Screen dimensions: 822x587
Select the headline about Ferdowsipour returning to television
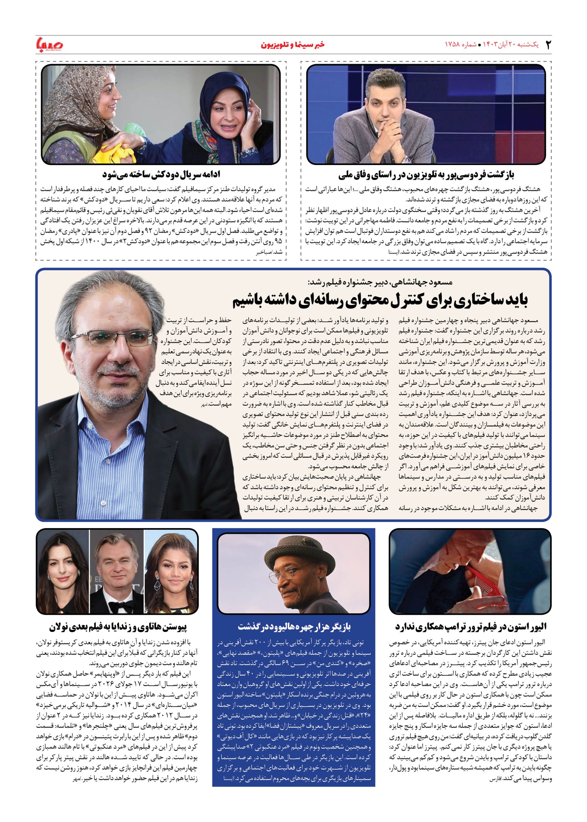426,175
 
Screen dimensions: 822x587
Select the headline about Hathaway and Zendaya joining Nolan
118,626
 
